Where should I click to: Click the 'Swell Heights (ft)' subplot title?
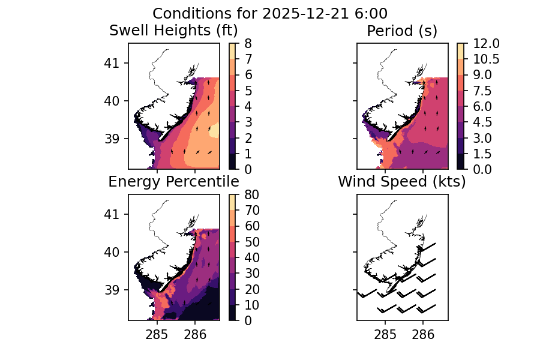click(x=173, y=30)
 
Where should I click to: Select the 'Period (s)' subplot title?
click(x=402, y=30)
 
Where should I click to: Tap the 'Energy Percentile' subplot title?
click(x=173, y=182)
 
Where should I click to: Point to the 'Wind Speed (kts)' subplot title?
click(x=402, y=182)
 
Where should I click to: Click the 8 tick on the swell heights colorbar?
click(x=252, y=43)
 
